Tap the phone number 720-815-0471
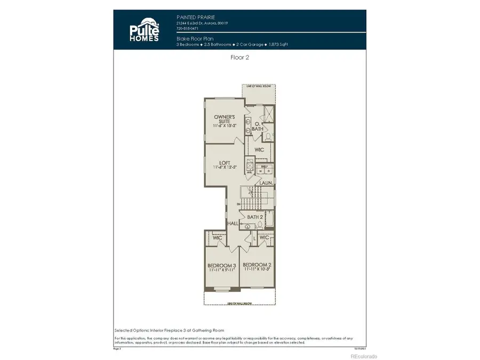(x=188, y=29)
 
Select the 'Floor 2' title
(x=239, y=58)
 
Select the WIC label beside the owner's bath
(x=260, y=150)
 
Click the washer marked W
(x=261, y=171)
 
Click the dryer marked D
(x=269, y=171)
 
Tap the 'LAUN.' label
(x=267, y=183)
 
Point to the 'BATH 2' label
(x=254, y=217)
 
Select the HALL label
(x=233, y=223)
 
